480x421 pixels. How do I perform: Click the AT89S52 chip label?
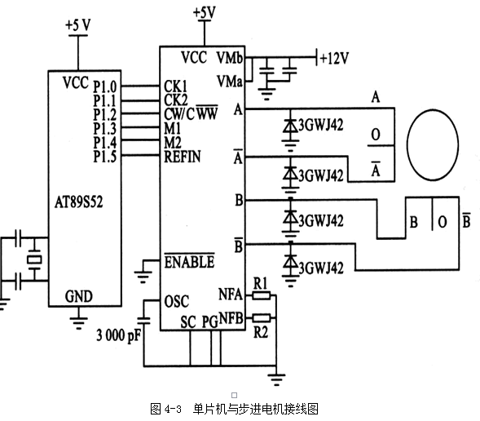[79, 202]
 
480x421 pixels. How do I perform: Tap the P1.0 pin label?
[105, 86]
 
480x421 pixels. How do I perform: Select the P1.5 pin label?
[105, 157]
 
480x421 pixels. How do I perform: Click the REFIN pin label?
[183, 157]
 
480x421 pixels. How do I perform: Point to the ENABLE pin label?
[190, 262]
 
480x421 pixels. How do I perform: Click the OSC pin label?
[177, 302]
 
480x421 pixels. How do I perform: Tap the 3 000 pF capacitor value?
[119, 335]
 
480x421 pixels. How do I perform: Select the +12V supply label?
[334, 58]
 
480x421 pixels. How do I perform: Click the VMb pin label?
[230, 58]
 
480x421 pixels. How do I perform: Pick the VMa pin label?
[230, 82]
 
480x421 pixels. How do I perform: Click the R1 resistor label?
[261, 284]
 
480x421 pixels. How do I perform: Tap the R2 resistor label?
[261, 332]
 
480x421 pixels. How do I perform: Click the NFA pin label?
[231, 295]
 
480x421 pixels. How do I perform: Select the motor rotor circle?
[433, 144]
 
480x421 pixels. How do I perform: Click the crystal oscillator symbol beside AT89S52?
[34, 259]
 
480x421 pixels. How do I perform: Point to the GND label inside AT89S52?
[79, 297]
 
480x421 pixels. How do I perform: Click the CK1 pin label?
[175, 86]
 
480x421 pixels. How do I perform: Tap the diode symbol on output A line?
[290, 126]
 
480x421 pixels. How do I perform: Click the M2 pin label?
[173, 143]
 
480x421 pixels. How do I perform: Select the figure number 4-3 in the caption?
[173, 409]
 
